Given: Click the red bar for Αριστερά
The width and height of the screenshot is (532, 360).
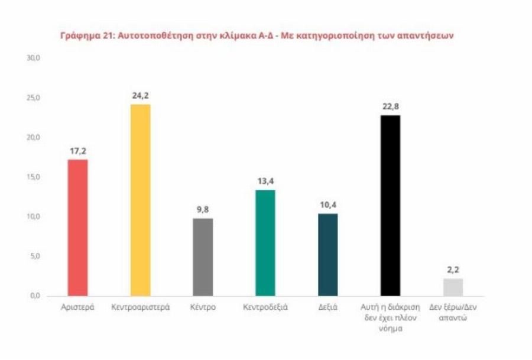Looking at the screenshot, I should pyautogui.click(x=78, y=228).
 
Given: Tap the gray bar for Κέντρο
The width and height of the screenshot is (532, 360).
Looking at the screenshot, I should pyautogui.click(x=203, y=257).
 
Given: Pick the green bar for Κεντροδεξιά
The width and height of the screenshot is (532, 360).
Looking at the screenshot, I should pyautogui.click(x=265, y=242).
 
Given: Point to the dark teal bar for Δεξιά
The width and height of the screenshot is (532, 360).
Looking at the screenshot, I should pyautogui.click(x=327, y=255).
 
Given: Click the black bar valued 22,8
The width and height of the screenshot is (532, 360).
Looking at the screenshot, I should pyautogui.click(x=390, y=205).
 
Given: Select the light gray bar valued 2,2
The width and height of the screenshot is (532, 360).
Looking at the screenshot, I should pyautogui.click(x=452, y=287).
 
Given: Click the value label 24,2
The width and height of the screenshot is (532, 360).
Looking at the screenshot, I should pyautogui.click(x=140, y=95).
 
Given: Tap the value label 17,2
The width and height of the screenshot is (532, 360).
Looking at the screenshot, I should pyautogui.click(x=78, y=150).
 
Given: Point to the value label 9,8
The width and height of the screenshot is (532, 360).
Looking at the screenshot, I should pyautogui.click(x=203, y=209).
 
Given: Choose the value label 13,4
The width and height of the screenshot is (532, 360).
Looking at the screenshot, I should pyautogui.click(x=265, y=180).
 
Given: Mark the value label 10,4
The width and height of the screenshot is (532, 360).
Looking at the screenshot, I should pyautogui.click(x=327, y=204).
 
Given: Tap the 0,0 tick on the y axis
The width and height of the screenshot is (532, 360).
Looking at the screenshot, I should pyautogui.click(x=34, y=296).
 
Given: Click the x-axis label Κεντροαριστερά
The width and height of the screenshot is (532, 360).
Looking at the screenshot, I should pyautogui.click(x=140, y=308).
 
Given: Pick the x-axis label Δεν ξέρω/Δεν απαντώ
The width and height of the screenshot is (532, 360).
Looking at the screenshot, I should pyautogui.click(x=452, y=313).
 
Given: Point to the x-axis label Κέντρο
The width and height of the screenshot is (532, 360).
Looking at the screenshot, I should pyautogui.click(x=203, y=308).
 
